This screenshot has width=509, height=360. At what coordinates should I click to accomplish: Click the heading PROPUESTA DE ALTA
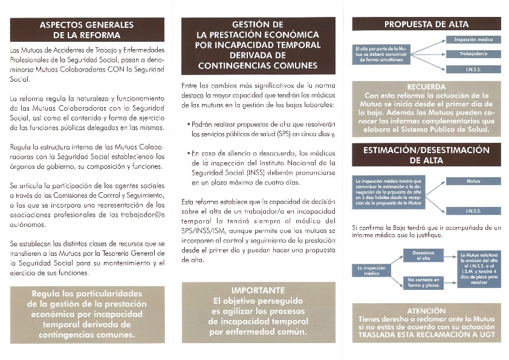click(426, 25)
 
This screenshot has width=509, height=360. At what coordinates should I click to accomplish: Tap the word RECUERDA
click(426, 87)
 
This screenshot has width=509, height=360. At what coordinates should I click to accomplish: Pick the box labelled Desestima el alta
click(423, 255)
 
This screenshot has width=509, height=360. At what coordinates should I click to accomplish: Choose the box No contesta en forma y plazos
click(423, 282)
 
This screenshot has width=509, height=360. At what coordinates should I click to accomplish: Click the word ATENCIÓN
click(426, 310)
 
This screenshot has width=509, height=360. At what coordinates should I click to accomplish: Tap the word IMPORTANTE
click(258, 290)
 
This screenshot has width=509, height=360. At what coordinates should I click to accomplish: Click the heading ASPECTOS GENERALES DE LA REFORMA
click(86, 30)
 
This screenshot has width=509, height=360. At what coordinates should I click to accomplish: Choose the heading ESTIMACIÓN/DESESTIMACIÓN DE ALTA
click(426, 155)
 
